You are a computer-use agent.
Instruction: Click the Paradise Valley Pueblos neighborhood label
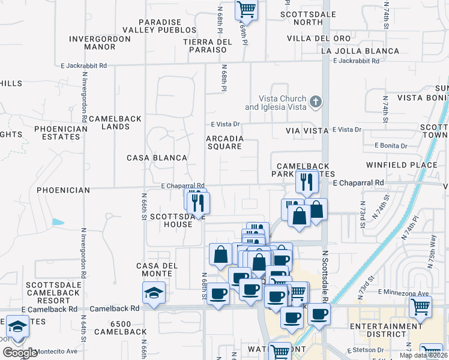coord(159,25)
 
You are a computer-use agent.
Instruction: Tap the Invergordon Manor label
coord(100,43)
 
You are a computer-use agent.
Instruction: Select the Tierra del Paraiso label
coord(208,46)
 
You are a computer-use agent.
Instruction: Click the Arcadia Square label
coord(224,142)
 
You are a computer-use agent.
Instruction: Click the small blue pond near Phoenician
coord(58,222)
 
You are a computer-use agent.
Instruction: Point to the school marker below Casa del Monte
coord(154,294)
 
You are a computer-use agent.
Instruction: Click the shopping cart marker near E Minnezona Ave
coord(420,307)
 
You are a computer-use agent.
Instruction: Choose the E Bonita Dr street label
coord(391,146)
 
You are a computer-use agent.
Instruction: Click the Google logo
coord(20,353)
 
